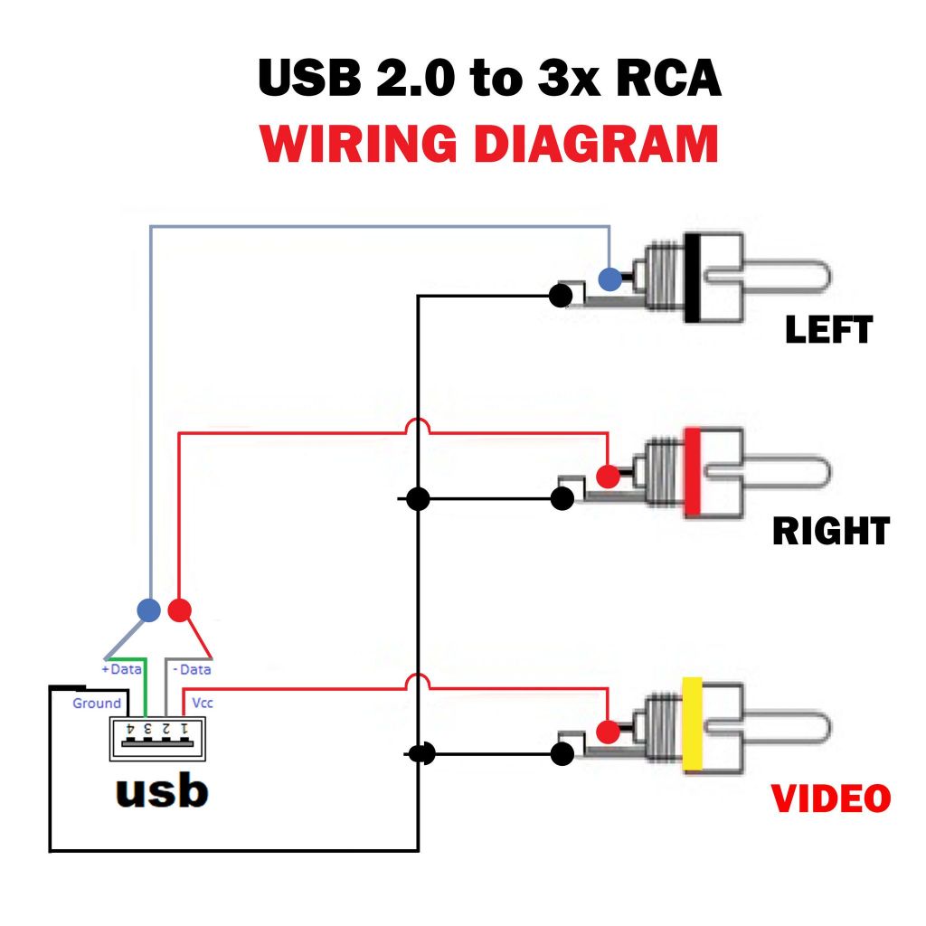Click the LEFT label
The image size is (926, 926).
tap(828, 330)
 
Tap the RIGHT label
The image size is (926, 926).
tap(831, 531)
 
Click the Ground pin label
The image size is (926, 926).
tap(96, 703)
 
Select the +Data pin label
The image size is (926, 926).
tap(122, 669)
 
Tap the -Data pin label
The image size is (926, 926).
tap(191, 669)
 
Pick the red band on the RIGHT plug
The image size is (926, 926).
tap(694, 472)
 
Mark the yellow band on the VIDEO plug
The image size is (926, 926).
tap(694, 724)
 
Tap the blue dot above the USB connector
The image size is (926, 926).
tap(148, 609)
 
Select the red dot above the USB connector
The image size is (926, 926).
tap(180, 609)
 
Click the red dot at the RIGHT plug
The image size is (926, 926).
tap(609, 475)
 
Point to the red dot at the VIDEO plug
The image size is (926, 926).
tap(609, 730)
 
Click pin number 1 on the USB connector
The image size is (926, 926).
tap(184, 727)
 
